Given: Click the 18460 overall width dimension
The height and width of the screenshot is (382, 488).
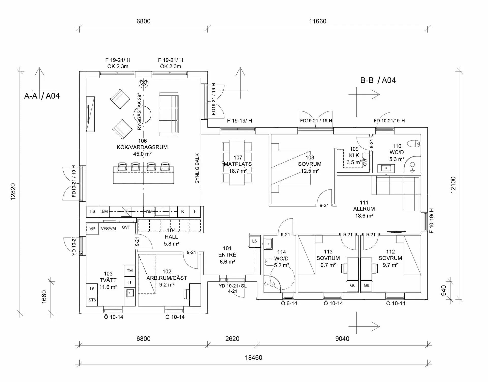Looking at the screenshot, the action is coord(253,358).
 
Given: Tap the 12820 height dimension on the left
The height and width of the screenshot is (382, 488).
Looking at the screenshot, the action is coord(13,192).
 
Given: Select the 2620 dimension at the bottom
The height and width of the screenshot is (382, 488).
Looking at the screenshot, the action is coord(232,339).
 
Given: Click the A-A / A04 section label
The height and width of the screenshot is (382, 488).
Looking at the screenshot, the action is coord(42,96).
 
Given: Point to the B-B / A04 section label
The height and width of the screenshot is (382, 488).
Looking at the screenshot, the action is coord(378,80).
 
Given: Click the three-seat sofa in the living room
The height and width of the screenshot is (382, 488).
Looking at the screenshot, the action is coord(169,114).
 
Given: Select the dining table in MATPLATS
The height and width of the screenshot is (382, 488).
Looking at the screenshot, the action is coord(237,162).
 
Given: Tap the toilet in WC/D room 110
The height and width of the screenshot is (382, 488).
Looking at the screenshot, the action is coord(414,144).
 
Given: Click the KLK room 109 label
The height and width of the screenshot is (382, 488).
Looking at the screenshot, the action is coord(354,155).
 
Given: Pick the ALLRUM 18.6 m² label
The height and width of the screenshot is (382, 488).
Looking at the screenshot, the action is coord(364,209).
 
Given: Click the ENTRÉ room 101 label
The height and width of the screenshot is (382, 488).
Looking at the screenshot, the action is coord(227,255).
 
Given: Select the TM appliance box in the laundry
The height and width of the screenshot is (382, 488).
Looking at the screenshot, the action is coord(130,271).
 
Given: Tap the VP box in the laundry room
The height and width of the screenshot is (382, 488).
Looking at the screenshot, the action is coord(92,229).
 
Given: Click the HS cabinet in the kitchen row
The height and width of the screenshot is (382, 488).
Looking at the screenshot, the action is coord(92,211).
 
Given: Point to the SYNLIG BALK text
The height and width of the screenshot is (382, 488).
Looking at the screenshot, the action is coord(197,168).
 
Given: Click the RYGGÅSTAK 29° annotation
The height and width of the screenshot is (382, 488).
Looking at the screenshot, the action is coord(139,112).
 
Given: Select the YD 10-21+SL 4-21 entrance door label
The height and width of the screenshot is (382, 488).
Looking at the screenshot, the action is coord(233,288).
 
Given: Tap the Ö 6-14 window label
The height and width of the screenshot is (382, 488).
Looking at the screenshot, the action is coord(289,303).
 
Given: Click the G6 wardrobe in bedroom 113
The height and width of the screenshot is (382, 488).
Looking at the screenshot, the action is coord(353,285).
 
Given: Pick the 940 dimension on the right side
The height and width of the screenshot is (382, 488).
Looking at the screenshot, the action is coord(444,291).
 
